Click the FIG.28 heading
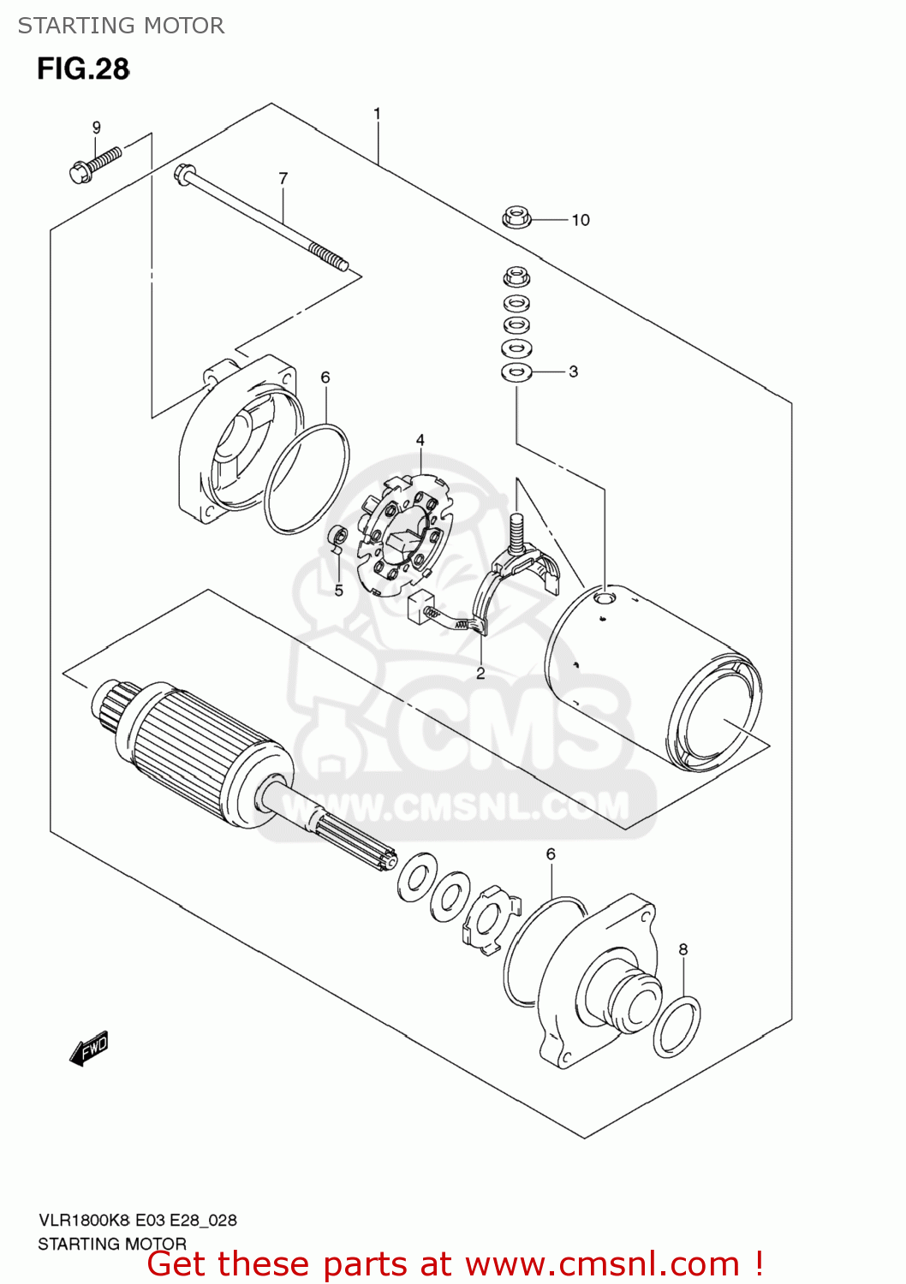(83, 69)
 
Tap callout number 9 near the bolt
(97, 128)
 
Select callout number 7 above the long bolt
(283, 179)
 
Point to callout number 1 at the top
(377, 114)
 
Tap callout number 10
(581, 220)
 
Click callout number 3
(574, 372)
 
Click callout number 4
(420, 440)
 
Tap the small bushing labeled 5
(338, 537)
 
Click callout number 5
(339, 591)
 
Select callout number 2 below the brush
(480, 673)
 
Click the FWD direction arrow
(89, 1048)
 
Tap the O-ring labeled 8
(677, 1026)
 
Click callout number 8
(683, 949)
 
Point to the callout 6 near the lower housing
(551, 854)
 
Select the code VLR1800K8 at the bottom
(84, 1221)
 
